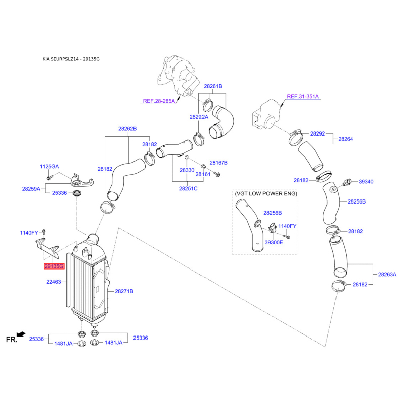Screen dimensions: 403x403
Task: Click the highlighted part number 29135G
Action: pyautogui.click(x=54, y=266)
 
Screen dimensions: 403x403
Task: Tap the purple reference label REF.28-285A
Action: pyautogui.click(x=159, y=101)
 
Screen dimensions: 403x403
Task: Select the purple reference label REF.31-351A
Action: pyautogui.click(x=303, y=96)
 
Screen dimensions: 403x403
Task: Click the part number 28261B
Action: pyautogui.click(x=213, y=86)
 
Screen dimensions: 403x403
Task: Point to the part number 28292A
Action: pyautogui.click(x=199, y=117)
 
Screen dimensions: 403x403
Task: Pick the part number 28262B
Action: pyautogui.click(x=127, y=129)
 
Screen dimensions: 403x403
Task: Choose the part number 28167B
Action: pyautogui.click(x=219, y=163)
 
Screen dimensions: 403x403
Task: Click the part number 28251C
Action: pyautogui.click(x=188, y=188)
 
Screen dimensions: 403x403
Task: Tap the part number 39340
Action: pyautogui.click(x=366, y=182)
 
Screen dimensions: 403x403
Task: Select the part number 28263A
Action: pyautogui.click(x=387, y=274)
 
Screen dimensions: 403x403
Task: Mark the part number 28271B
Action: pyautogui.click(x=124, y=291)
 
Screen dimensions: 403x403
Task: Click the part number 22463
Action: pyautogui.click(x=54, y=282)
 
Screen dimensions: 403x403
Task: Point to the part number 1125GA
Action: pyautogui.click(x=49, y=167)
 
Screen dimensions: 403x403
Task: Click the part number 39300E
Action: pyautogui.click(x=274, y=242)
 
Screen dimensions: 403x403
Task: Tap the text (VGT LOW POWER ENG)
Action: pyautogui.click(x=266, y=193)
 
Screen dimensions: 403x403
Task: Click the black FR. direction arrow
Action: pyautogui.click(x=21, y=334)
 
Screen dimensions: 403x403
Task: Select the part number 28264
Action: pyautogui.click(x=346, y=139)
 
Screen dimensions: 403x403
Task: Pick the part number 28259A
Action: pyautogui.click(x=31, y=189)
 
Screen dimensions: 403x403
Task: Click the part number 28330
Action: pyautogui.click(x=187, y=170)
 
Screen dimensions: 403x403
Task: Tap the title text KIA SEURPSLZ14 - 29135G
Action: pyautogui.click(x=71, y=59)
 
